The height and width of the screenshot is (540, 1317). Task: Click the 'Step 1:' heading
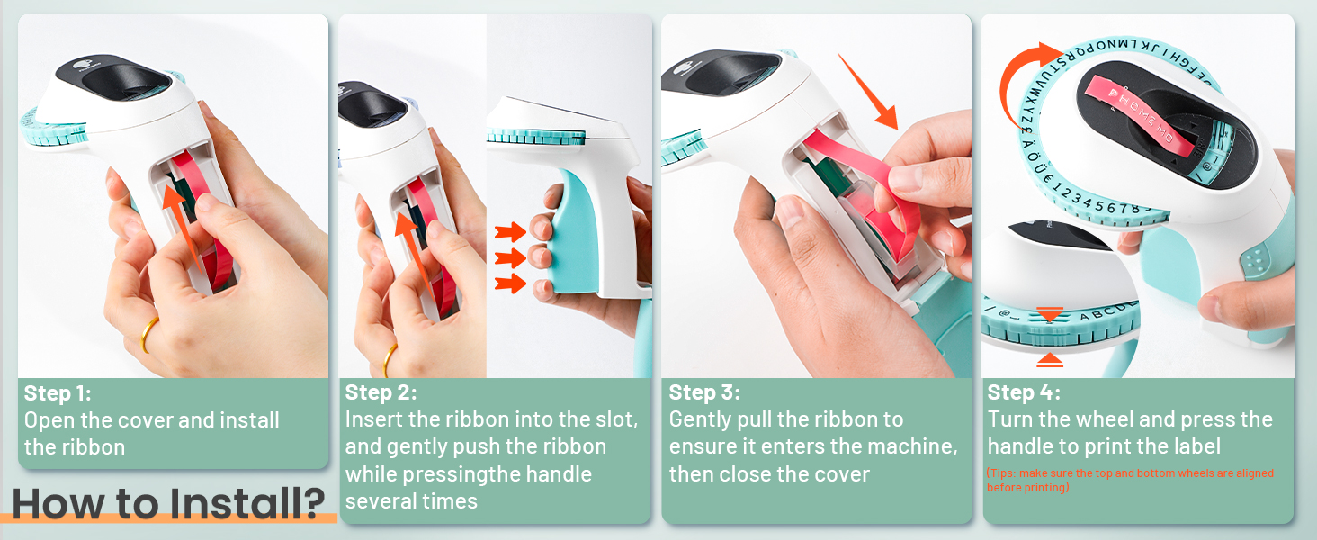point(58,393)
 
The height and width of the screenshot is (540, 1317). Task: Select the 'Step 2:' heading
point(381,392)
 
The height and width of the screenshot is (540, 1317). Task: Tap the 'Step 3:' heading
point(704,392)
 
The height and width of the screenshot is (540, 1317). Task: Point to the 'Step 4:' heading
point(1024,392)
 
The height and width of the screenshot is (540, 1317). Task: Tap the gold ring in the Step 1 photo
point(149,335)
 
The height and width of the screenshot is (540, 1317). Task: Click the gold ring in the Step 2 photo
point(390,359)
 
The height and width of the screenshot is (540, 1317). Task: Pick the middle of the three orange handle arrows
point(510,258)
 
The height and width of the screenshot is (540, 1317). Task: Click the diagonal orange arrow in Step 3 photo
point(869,91)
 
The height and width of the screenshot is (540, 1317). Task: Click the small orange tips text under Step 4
point(1129,480)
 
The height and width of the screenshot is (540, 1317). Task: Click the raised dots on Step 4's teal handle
point(1255,260)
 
